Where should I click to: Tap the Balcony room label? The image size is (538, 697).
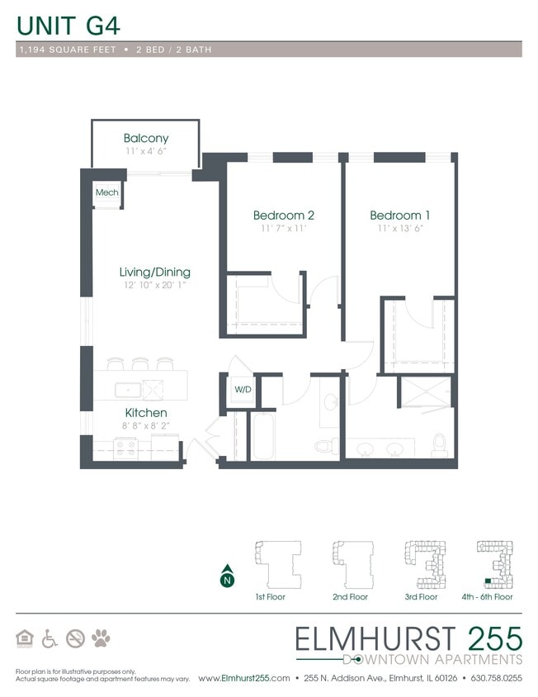click(x=146, y=138)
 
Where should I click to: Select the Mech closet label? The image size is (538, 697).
click(x=106, y=192)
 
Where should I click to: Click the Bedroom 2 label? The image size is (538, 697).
click(x=283, y=215)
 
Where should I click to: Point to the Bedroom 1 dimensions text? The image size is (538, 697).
click(x=400, y=229)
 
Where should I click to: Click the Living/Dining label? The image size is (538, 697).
click(x=155, y=272)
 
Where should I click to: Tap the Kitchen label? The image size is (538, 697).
click(x=146, y=412)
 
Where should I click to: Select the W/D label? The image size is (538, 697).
click(x=243, y=389)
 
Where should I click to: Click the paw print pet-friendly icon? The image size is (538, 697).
click(x=101, y=638)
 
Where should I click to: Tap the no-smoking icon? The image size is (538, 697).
click(x=76, y=638)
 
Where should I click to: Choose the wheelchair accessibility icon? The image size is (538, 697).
click(x=50, y=638)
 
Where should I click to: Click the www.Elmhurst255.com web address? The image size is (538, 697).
click(x=244, y=678)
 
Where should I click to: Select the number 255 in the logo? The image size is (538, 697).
click(x=493, y=638)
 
